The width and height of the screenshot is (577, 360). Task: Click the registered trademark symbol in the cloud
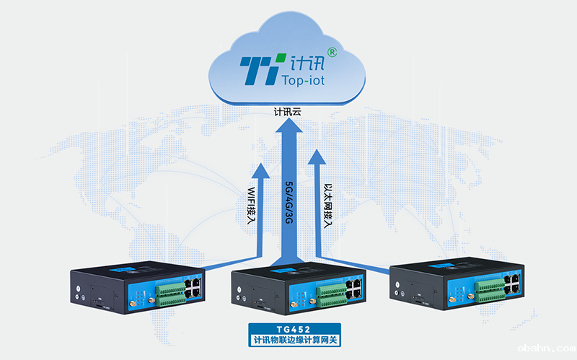331,52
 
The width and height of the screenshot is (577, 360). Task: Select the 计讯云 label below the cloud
287,113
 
